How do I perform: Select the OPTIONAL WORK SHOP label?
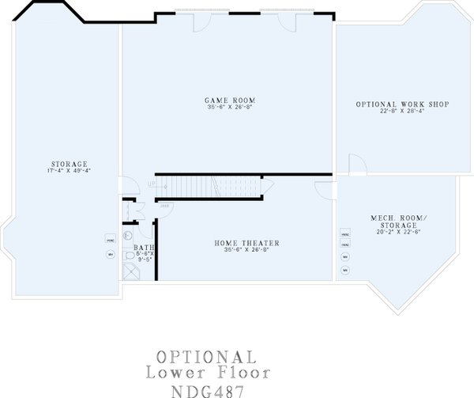pyautogui.click(x=391, y=104)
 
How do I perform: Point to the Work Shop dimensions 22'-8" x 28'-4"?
pyautogui.click(x=391, y=112)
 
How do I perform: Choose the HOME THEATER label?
pyautogui.click(x=246, y=243)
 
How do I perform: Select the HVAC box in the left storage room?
pyautogui.click(x=110, y=238)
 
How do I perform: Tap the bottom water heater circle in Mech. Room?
pyautogui.click(x=345, y=271)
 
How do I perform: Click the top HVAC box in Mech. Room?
pyautogui.click(x=345, y=235)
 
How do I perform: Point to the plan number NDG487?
pyautogui.click(x=205, y=389)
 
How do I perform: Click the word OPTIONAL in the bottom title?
pyautogui.click(x=205, y=357)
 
